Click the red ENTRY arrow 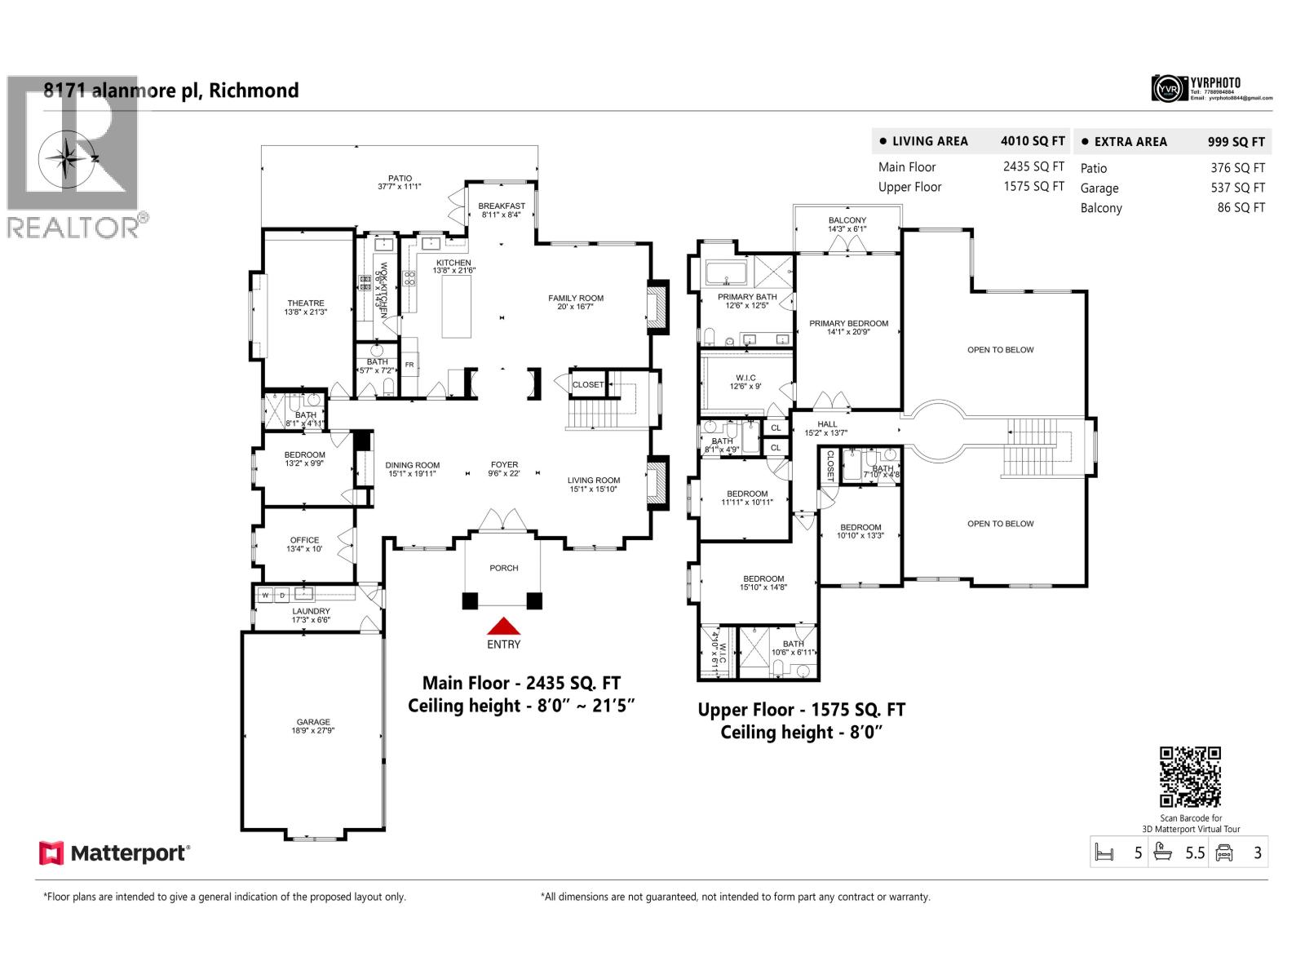pos(504,626)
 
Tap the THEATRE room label pos(306,303)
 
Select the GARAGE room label pos(313,722)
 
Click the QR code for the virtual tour pos(1190,777)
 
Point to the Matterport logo pos(115,853)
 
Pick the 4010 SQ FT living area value pos(1032,141)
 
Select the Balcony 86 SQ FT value pos(1241,207)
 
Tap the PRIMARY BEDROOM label pos(848,323)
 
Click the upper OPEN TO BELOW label pos(1000,350)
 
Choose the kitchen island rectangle pos(457,307)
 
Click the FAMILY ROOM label pos(576,298)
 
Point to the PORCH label pos(504,568)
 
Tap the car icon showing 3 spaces pos(1223,853)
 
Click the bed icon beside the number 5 pos(1104,853)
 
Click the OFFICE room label pos(304,540)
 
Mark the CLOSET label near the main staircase pos(588,385)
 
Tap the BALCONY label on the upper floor pos(847,220)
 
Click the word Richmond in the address pos(254,91)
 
